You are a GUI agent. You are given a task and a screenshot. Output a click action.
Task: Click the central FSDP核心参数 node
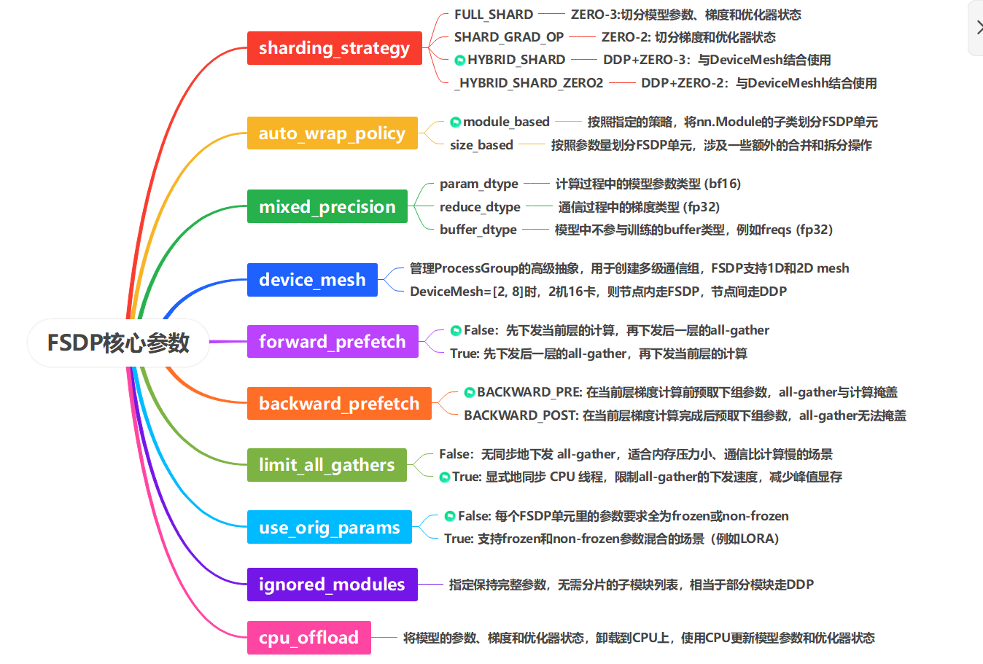118,343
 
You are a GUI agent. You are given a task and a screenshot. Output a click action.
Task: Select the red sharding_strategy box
334,48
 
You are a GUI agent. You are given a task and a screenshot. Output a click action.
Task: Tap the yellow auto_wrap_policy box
332,133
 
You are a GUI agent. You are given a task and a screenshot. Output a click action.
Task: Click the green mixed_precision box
327,207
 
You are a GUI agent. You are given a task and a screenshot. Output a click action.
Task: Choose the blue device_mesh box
312,280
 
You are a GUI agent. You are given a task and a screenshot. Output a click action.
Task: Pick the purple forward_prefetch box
332,342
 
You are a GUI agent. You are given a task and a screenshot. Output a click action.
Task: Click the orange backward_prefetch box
339,404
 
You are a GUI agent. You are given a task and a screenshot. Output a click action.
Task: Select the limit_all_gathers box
327,465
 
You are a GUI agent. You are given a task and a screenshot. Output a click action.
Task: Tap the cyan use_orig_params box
329,528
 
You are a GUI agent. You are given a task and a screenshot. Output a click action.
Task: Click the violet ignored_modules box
332,585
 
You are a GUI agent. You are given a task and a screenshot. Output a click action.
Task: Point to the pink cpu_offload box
308,638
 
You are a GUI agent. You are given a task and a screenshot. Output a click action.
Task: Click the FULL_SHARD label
494,15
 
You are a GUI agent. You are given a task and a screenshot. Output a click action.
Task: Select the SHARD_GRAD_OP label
509,37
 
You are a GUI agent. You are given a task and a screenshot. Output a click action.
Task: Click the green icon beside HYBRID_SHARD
459,60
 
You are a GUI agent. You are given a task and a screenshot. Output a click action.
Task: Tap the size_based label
481,145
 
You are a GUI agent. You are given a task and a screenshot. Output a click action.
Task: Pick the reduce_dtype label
480,207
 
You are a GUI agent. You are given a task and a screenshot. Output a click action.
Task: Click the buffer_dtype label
478,230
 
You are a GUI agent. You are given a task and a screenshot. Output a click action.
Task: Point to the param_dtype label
478,184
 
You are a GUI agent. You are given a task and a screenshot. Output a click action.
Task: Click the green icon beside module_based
455,122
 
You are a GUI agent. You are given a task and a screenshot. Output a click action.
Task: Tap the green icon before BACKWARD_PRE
470,393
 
